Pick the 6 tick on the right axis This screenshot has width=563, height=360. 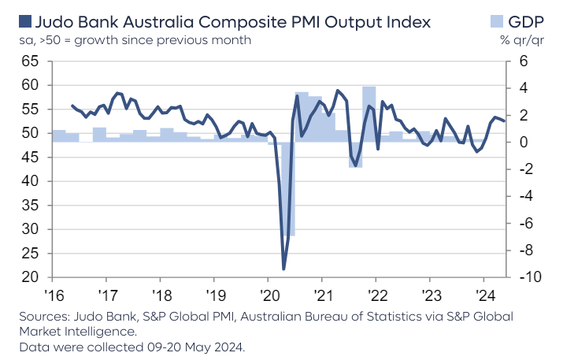(x=524, y=61)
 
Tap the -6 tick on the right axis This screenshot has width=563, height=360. (x=527, y=224)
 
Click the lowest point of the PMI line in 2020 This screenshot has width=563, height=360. (x=283, y=269)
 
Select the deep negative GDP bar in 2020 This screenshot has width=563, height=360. (x=291, y=189)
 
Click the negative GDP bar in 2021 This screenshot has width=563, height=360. (x=355, y=154)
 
